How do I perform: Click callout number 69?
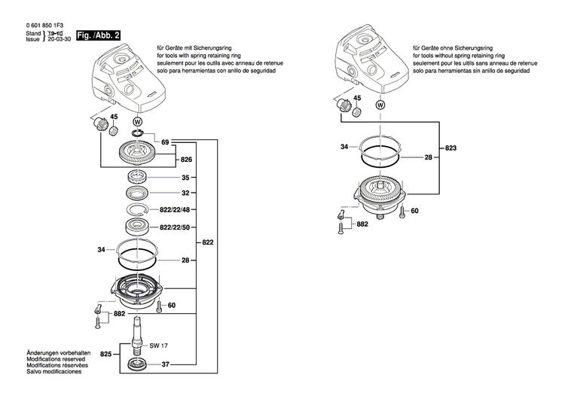tap(165, 142)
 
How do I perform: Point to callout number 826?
tap(185, 160)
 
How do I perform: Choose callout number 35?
tap(185, 179)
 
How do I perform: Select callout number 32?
tap(185, 193)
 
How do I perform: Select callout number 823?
tap(450, 148)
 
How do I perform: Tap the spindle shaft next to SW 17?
tap(138, 336)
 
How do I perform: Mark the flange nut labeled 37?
tap(139, 366)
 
